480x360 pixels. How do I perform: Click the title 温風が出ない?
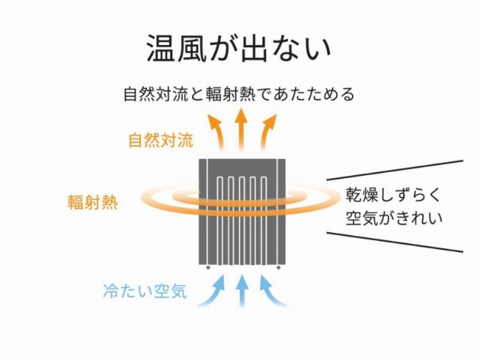(239, 48)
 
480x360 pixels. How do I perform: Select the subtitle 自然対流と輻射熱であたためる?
(239, 95)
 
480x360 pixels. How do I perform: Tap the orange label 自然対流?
(157, 140)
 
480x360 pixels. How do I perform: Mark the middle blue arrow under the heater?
(241, 291)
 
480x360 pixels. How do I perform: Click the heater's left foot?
(208, 268)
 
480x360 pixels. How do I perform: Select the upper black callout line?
(395, 169)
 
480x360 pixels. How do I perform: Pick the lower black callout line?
(395, 242)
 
